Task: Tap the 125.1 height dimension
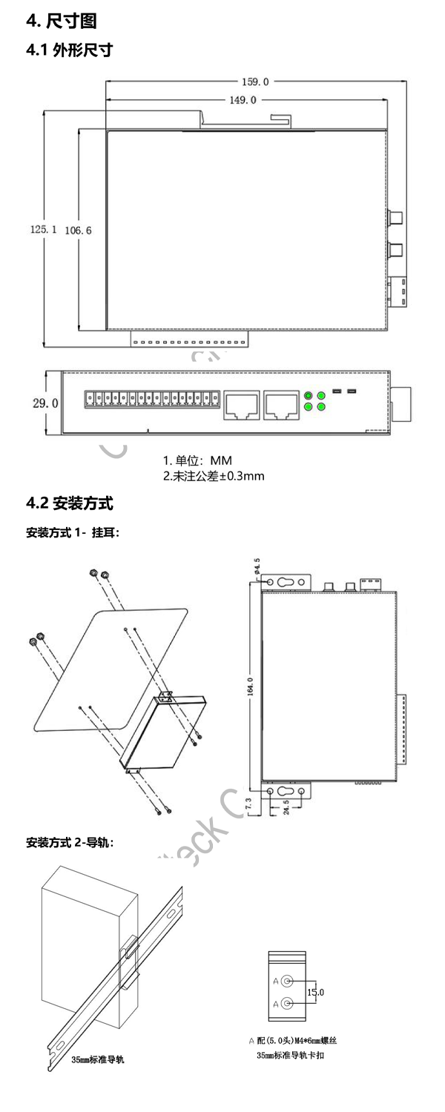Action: point(44,231)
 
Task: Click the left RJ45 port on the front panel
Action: point(240,405)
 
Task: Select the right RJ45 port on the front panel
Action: point(280,405)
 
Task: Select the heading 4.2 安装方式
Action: point(69,505)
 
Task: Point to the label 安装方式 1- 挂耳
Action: point(73,532)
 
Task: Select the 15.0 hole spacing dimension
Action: point(316,992)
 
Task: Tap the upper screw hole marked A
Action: point(288,980)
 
